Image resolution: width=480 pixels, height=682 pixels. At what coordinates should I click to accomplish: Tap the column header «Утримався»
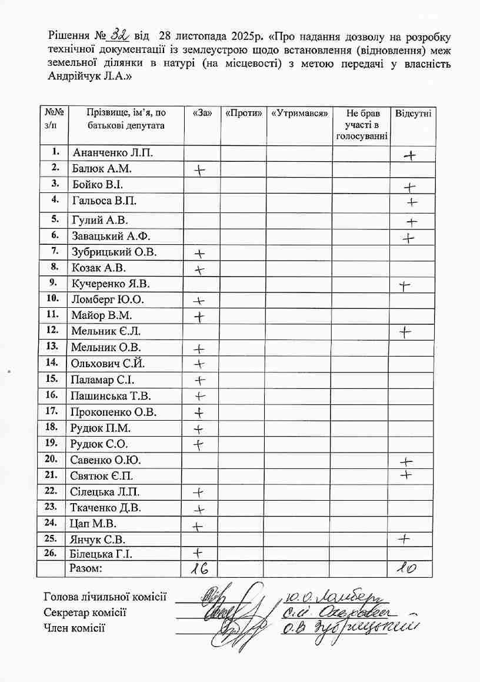[x=299, y=112]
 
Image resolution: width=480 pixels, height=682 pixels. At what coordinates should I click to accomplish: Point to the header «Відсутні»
[x=413, y=112]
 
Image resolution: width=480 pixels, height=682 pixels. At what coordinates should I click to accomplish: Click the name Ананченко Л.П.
[x=112, y=153]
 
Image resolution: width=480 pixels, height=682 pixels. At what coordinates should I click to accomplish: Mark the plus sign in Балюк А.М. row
[x=201, y=170]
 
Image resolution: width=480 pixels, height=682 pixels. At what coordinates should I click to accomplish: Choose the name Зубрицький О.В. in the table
[x=114, y=252]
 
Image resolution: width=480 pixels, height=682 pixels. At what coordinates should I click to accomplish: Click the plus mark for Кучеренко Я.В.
[x=404, y=287]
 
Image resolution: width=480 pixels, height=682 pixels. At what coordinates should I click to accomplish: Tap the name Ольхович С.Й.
[x=108, y=363]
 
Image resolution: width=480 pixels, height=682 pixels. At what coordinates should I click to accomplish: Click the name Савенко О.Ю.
[x=105, y=460]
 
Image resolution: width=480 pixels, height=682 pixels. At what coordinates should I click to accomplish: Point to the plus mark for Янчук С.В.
[x=404, y=538]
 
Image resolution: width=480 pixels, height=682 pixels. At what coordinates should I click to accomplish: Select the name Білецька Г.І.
[x=101, y=554]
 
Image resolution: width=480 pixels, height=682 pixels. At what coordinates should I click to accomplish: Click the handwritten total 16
[x=201, y=568]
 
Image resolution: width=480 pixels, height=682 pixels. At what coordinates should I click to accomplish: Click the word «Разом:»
[x=86, y=568]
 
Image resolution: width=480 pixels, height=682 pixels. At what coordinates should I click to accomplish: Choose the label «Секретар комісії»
[x=85, y=613]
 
